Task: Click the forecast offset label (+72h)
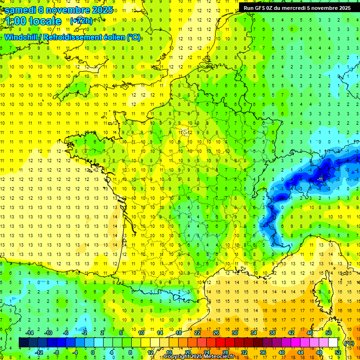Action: pyautogui.click(x=81, y=21)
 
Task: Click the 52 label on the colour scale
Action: pyautogui.click(x=338, y=352)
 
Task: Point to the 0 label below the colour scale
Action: pyautogui.click(x=92, y=352)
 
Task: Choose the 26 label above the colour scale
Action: pyautogui.click(x=216, y=333)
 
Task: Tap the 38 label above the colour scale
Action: pyautogui.click(x=272, y=333)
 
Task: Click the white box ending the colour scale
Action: pyautogui.click(x=333, y=343)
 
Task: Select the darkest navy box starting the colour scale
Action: pyautogui.click(x=23, y=343)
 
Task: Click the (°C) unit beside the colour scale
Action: pyautogui.click(x=349, y=343)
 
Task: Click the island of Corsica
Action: pyautogui.click(x=322, y=288)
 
